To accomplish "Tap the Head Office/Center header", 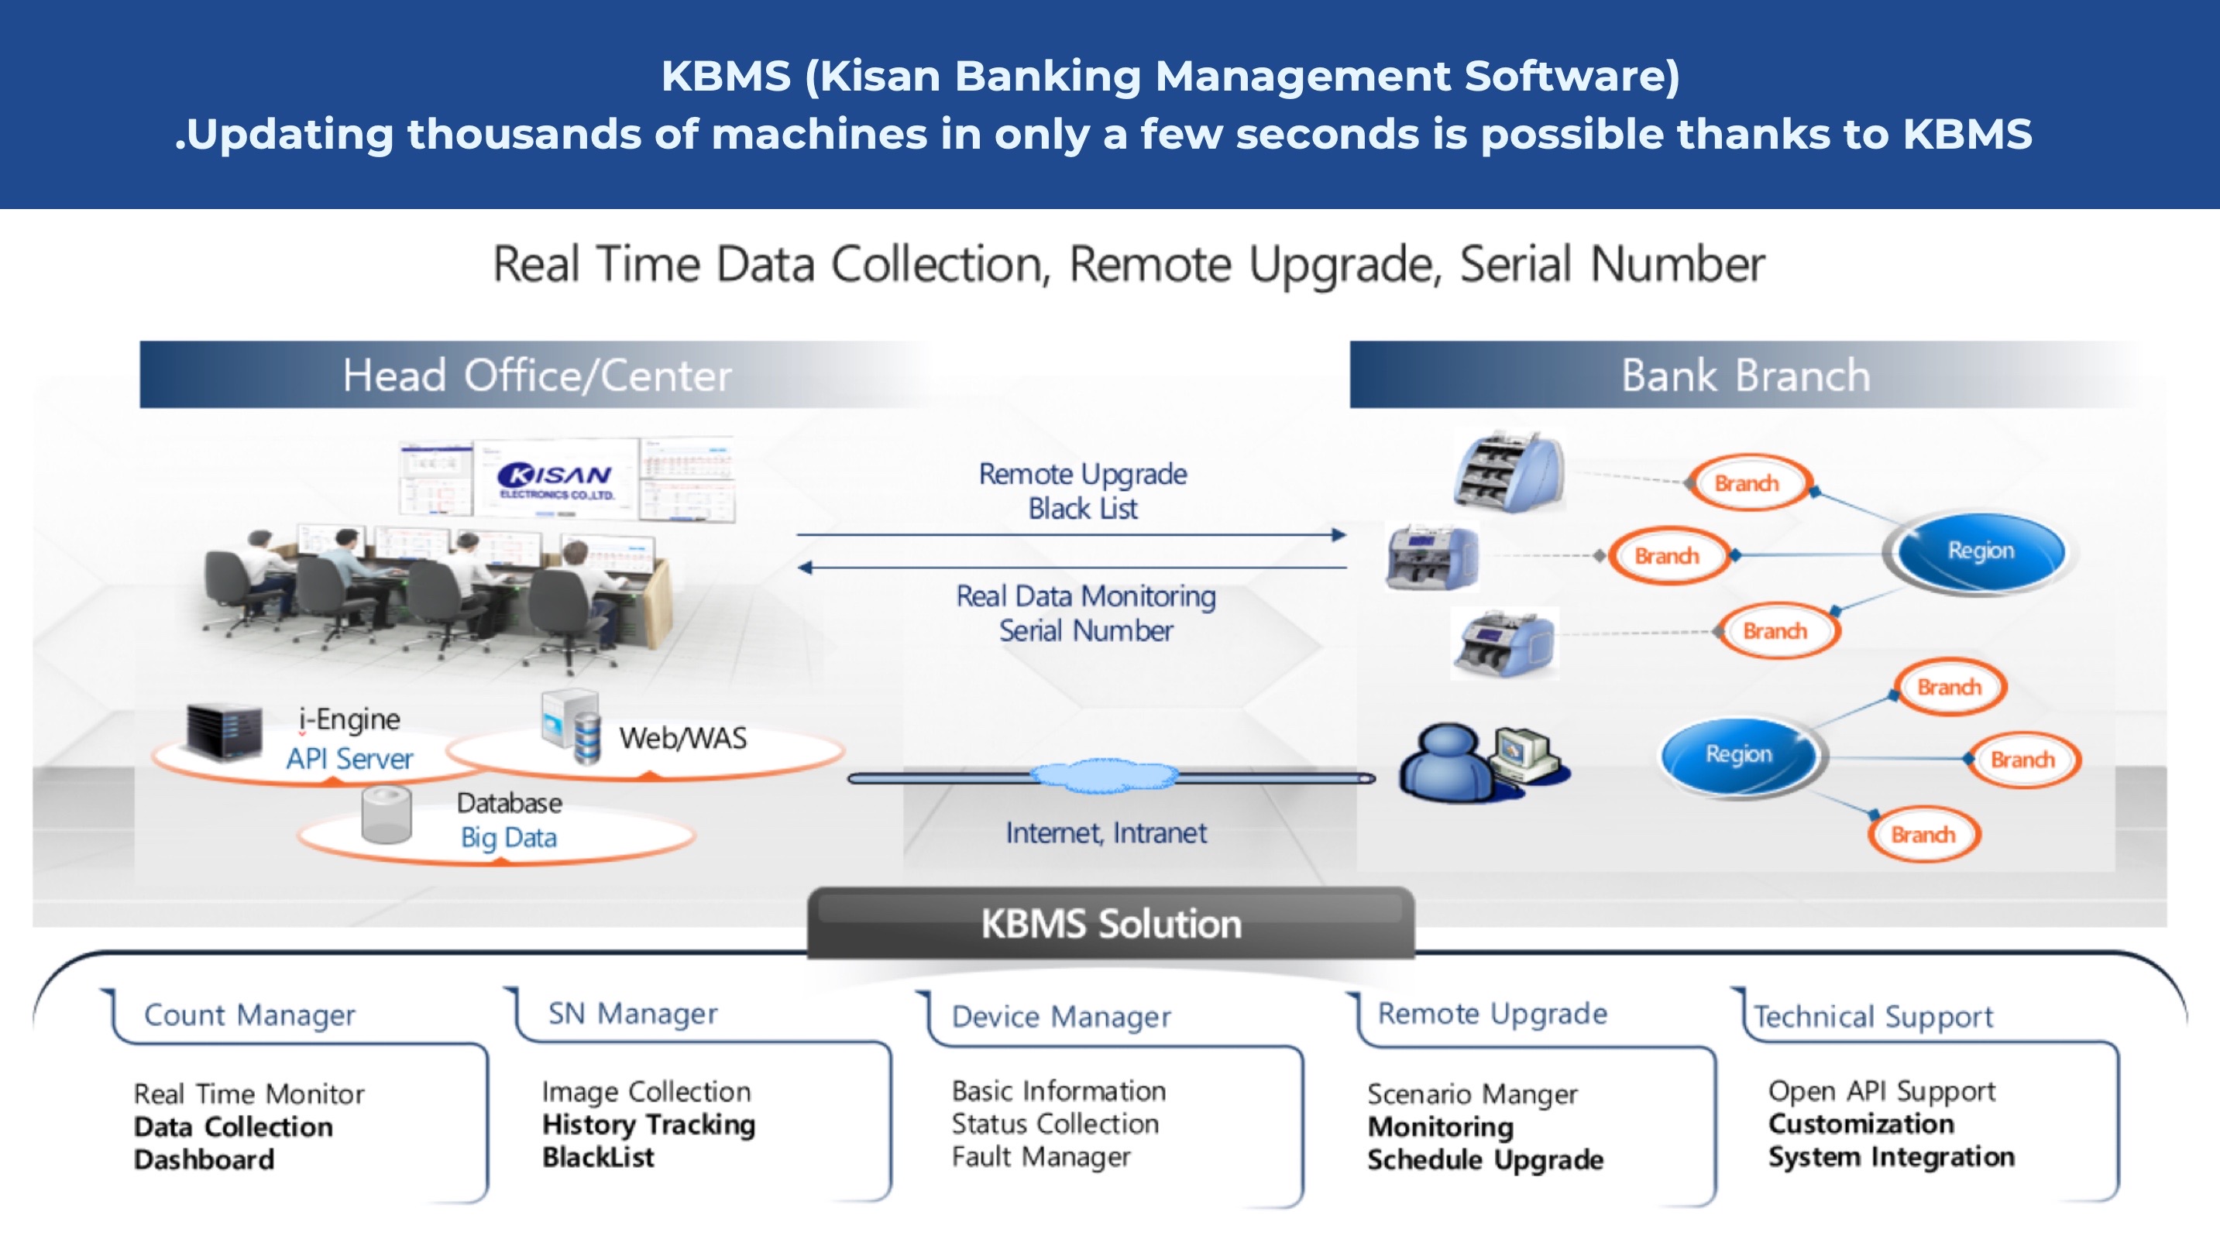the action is [537, 375].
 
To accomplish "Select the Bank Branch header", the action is [1746, 375].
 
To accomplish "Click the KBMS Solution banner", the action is [1111, 923].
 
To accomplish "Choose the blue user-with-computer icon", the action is [1484, 764].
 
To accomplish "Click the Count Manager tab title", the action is [250, 1014].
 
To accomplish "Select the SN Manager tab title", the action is [633, 1013].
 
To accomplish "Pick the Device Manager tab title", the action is [1061, 1017].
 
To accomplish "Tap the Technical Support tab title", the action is [1874, 1017].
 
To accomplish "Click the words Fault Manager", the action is [1041, 1156].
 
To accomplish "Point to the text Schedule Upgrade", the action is [1485, 1160].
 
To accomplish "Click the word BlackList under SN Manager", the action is [598, 1157].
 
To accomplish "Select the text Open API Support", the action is [1882, 1092].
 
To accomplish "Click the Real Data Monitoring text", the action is [1086, 595].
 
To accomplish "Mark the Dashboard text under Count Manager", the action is [204, 1160].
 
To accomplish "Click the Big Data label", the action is [508, 838].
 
